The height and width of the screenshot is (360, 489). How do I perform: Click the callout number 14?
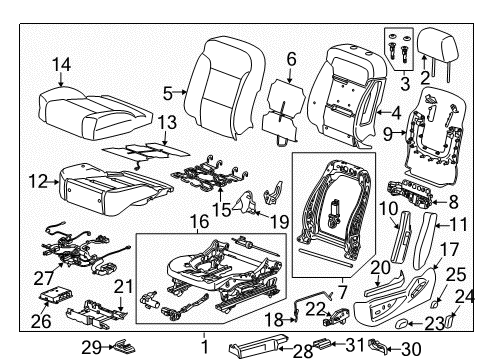coord(62,66)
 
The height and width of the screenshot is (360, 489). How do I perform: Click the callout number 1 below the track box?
coord(204,347)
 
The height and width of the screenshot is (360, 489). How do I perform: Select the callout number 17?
coord(452,250)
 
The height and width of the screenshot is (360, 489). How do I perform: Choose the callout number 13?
coord(165,121)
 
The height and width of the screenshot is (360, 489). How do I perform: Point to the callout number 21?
coord(123,288)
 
